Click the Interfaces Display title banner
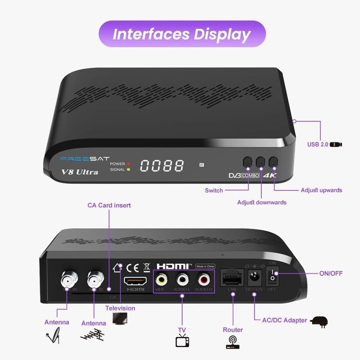pos(182,34)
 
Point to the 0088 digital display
pos(162,166)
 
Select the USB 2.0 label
pos(317,145)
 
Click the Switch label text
pos(214,190)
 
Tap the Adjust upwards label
pos(321,190)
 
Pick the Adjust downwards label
pos(262,202)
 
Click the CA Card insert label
pos(109,205)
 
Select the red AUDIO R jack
pos(204,280)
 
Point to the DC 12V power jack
pos(254,278)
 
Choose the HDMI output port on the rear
pos(135,281)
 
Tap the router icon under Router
pos(233,342)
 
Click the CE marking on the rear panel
pos(133,267)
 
